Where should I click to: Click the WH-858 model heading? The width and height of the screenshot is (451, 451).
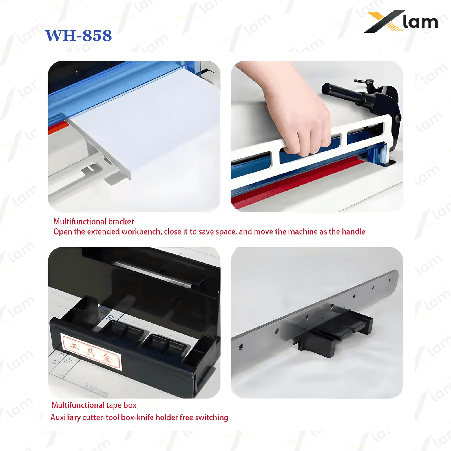pyautogui.click(x=78, y=36)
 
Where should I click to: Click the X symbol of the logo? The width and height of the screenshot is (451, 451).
pyautogui.click(x=384, y=21)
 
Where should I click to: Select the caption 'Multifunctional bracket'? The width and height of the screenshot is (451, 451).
pyautogui.click(x=94, y=222)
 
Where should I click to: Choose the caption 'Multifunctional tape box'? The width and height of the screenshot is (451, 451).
pyautogui.click(x=94, y=405)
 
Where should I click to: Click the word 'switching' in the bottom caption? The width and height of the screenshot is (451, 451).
pyautogui.click(x=211, y=417)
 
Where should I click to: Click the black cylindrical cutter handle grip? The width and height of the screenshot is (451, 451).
pyautogui.click(x=342, y=93)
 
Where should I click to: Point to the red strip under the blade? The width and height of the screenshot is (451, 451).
pyautogui.click(x=296, y=180)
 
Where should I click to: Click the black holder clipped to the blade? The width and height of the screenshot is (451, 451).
pyautogui.click(x=333, y=335)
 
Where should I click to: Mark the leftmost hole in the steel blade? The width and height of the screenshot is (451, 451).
pyautogui.click(x=241, y=347)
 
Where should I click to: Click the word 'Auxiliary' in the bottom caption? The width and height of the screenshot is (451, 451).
pyautogui.click(x=65, y=417)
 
